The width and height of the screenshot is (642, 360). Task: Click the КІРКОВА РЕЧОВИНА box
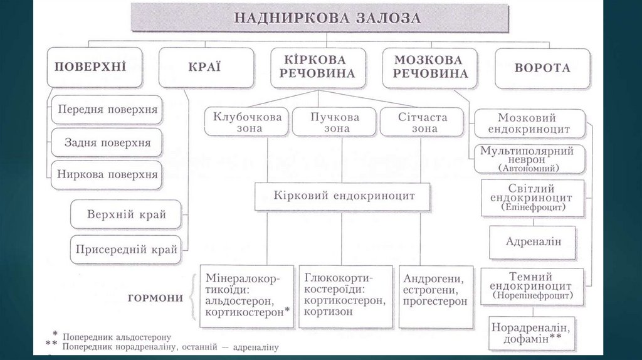[x=318, y=67]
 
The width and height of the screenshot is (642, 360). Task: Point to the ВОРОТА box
[x=542, y=67]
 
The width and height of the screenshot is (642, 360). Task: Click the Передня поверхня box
[x=107, y=110]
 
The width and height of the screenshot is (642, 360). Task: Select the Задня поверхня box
[x=107, y=142]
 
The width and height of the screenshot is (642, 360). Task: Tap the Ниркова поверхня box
[x=107, y=174]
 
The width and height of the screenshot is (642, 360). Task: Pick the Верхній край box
[x=127, y=214]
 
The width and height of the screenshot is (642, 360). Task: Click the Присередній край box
[x=127, y=250]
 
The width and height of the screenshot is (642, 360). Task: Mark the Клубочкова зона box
[x=246, y=122]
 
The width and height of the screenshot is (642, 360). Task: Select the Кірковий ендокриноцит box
[x=344, y=196]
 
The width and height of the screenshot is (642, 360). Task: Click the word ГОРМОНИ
[x=155, y=299]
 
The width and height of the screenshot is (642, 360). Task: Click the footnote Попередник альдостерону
[x=117, y=337]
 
